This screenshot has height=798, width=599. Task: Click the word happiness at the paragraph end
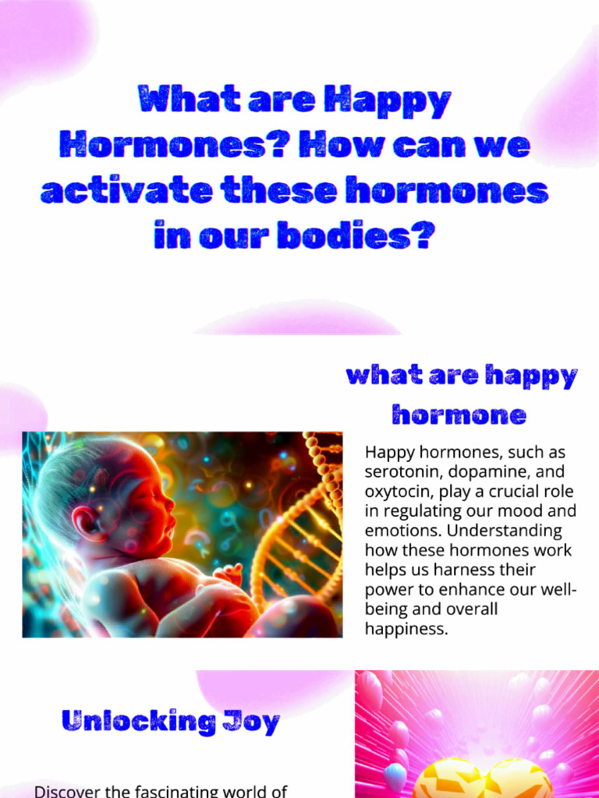pos(406,629)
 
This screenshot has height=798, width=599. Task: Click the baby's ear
pos(83,521)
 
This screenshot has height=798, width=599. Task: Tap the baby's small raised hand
pos(227,575)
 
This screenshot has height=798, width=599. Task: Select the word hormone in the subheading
pos(459,415)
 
